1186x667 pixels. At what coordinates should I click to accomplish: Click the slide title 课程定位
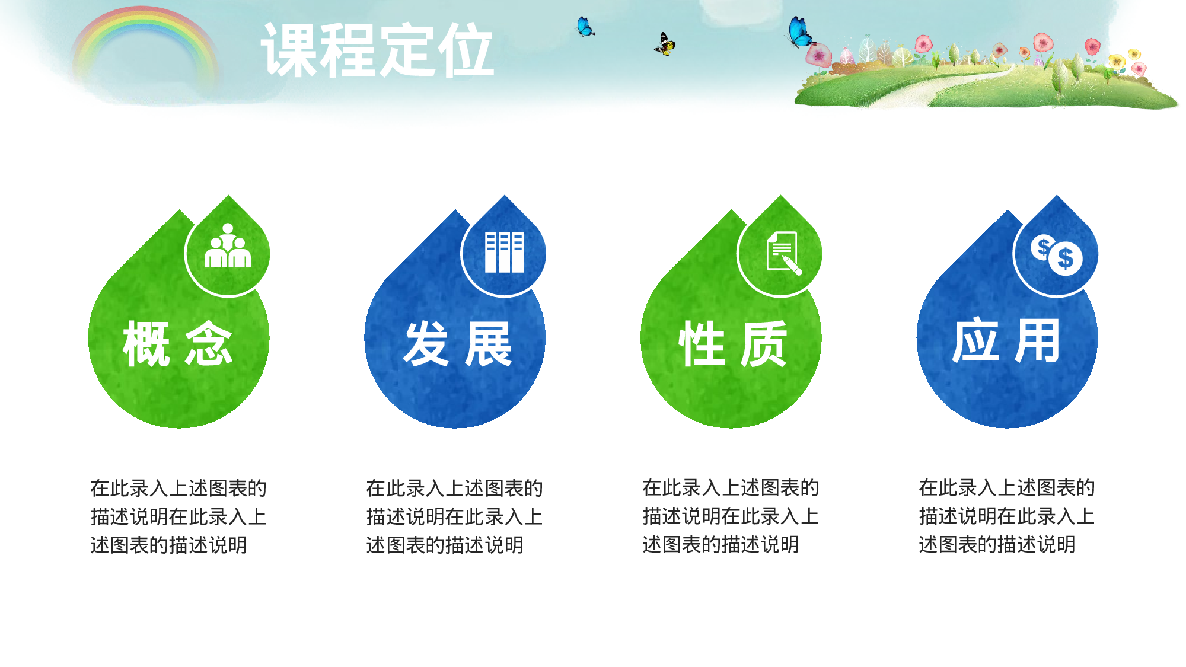[377, 50]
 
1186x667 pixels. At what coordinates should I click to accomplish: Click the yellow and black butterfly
[665, 44]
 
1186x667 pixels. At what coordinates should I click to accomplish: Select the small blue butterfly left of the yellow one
[585, 27]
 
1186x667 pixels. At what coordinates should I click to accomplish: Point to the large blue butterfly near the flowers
[800, 33]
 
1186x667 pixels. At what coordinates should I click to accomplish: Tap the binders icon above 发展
[504, 252]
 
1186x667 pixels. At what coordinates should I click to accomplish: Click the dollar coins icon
[1056, 254]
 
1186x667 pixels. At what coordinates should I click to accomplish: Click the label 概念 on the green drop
[178, 344]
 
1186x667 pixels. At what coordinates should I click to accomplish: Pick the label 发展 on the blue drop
[457, 344]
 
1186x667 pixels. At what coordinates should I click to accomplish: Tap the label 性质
[733, 344]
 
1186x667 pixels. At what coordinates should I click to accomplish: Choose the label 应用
[1006, 341]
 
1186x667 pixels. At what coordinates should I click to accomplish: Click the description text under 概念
[178, 516]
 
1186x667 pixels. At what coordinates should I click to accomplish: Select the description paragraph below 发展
[454, 516]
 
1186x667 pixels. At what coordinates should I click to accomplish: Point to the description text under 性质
[731, 516]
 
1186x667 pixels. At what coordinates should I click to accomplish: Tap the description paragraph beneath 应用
[1006, 516]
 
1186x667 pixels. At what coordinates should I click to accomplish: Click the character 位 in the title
[466, 50]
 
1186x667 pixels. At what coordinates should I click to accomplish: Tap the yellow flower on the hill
[1117, 60]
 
